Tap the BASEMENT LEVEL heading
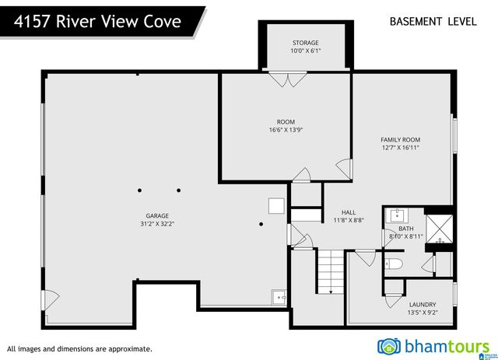pos(433,21)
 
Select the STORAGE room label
pos(305,42)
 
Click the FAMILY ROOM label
pos(401,139)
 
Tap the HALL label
pos(348,212)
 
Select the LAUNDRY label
pos(423,304)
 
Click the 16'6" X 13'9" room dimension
pos(286,130)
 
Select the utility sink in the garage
pos(279,296)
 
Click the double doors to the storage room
pos(285,79)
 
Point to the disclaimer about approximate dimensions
pos(79,349)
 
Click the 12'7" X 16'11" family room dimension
pos(401,148)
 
